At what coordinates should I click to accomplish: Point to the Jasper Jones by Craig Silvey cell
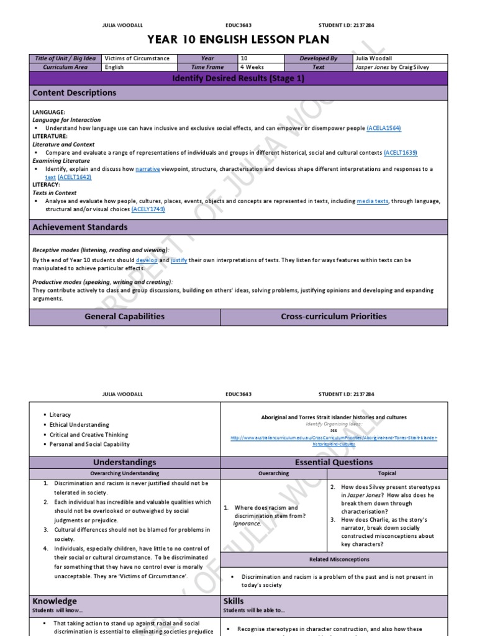pyautogui.click(x=388, y=67)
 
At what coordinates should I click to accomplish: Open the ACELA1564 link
pyautogui.click(x=384, y=128)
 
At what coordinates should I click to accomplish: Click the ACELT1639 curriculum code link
pyautogui.click(x=400, y=152)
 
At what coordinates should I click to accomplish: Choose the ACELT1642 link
pyautogui.click(x=75, y=177)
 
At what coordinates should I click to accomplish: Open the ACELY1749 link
pyautogui.click(x=148, y=209)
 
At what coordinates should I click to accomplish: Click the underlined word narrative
pyautogui.click(x=148, y=169)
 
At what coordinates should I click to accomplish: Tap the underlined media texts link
pyautogui.click(x=373, y=201)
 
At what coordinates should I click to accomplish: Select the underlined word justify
pyautogui.click(x=179, y=260)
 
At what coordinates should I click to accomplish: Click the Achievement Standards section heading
pyautogui.click(x=80, y=227)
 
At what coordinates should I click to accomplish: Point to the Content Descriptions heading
pyautogui.click(x=75, y=93)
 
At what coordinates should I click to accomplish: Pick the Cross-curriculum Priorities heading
pyautogui.click(x=334, y=316)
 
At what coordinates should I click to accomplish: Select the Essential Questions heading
pyautogui.click(x=334, y=462)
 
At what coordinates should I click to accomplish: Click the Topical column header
pyautogui.click(x=386, y=473)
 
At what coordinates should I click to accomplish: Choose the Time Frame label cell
pyautogui.click(x=207, y=67)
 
